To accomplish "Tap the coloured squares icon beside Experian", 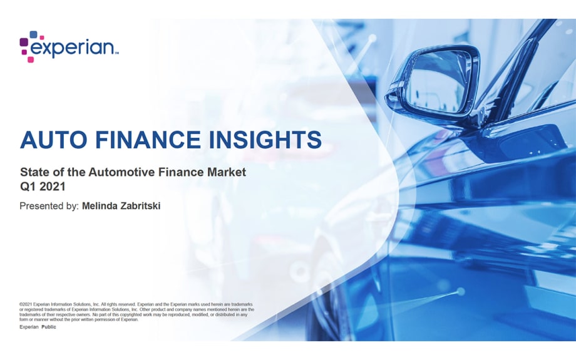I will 28,46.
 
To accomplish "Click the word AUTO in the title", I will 51,139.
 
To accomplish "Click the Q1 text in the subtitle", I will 27,185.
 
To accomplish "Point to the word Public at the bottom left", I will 49,327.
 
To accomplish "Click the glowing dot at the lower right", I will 460,292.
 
